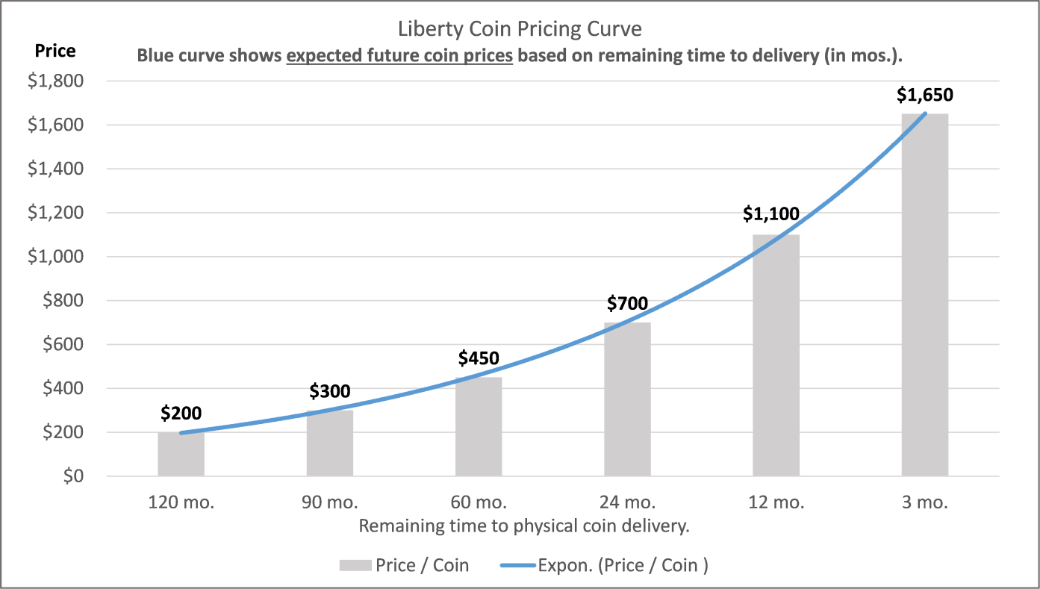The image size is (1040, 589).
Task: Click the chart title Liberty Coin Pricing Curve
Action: [x=520, y=31]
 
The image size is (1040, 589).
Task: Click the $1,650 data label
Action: [x=924, y=95]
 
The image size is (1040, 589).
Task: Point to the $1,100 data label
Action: [x=771, y=214]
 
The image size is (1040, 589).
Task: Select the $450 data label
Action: [x=479, y=358]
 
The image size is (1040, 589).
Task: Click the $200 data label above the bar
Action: [x=181, y=413]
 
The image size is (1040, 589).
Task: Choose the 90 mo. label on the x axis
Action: [x=329, y=502]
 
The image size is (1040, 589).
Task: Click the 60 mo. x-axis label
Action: [x=479, y=502]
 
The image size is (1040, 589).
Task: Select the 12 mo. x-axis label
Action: [x=776, y=502]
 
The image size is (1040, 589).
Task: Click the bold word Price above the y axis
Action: [x=55, y=51]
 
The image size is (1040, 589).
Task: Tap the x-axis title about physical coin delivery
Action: [x=523, y=526]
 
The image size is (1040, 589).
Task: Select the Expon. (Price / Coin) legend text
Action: [x=623, y=565]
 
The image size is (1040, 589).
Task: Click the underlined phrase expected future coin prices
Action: [x=399, y=56]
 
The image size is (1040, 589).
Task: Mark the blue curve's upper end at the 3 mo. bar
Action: [x=925, y=113]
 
